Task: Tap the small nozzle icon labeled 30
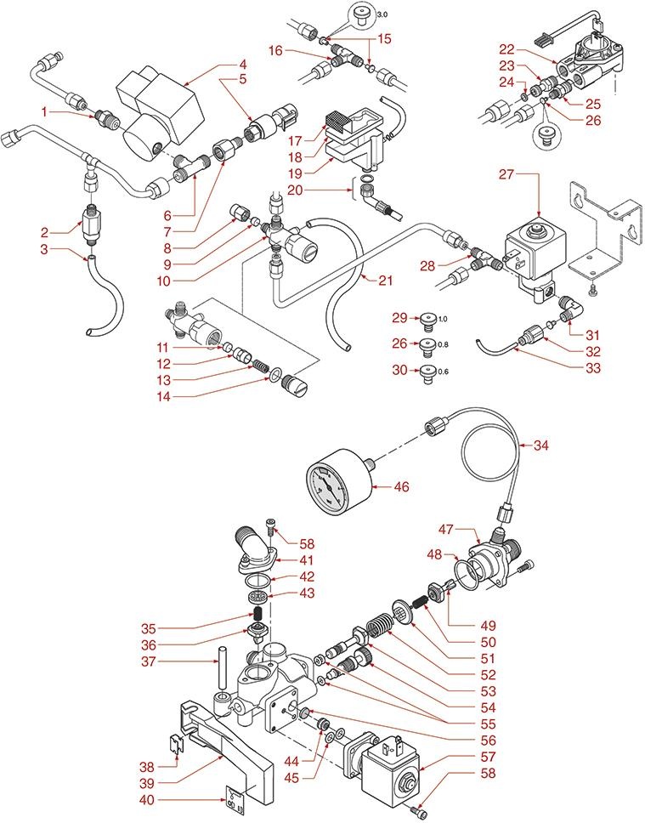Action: [x=427, y=371]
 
